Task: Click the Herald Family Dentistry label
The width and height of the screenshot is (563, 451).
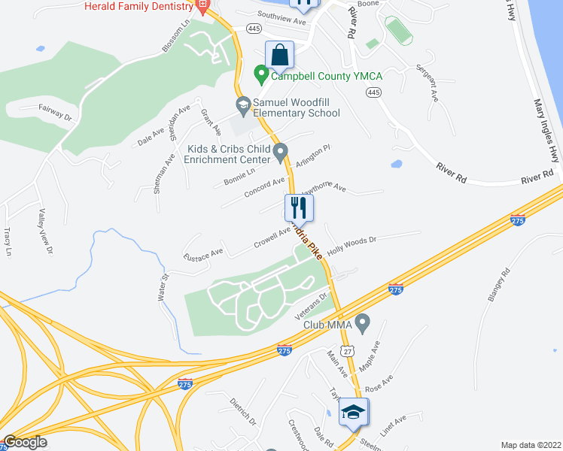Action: coord(139,6)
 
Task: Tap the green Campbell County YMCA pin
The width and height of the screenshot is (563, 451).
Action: coord(261,74)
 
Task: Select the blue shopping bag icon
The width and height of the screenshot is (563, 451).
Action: coord(279,55)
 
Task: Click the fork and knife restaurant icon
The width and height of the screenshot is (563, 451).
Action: coord(299,207)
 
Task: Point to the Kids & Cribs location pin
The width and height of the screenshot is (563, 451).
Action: coord(281,153)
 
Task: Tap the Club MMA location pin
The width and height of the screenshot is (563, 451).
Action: coord(363,324)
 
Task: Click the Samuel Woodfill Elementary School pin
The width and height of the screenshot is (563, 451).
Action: coord(243,104)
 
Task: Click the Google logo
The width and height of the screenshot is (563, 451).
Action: coord(25,442)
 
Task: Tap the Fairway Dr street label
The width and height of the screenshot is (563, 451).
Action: coord(56,113)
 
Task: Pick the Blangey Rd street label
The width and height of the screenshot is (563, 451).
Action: coord(499,286)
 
